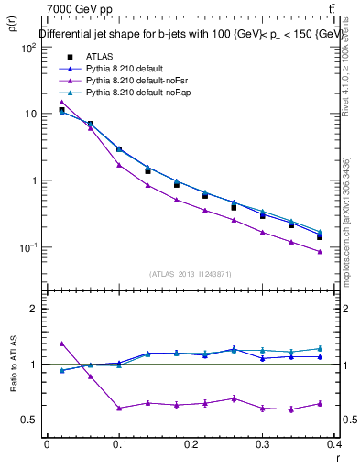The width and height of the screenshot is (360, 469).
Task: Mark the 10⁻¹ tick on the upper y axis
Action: pyautogui.click(x=30, y=247)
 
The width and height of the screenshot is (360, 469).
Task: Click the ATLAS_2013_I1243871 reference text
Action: pyautogui.click(x=191, y=274)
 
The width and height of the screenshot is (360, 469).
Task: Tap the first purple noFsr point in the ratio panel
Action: pyautogui.click(x=61, y=344)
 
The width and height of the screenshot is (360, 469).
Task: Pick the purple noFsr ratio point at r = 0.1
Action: pyautogui.click(x=119, y=409)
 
